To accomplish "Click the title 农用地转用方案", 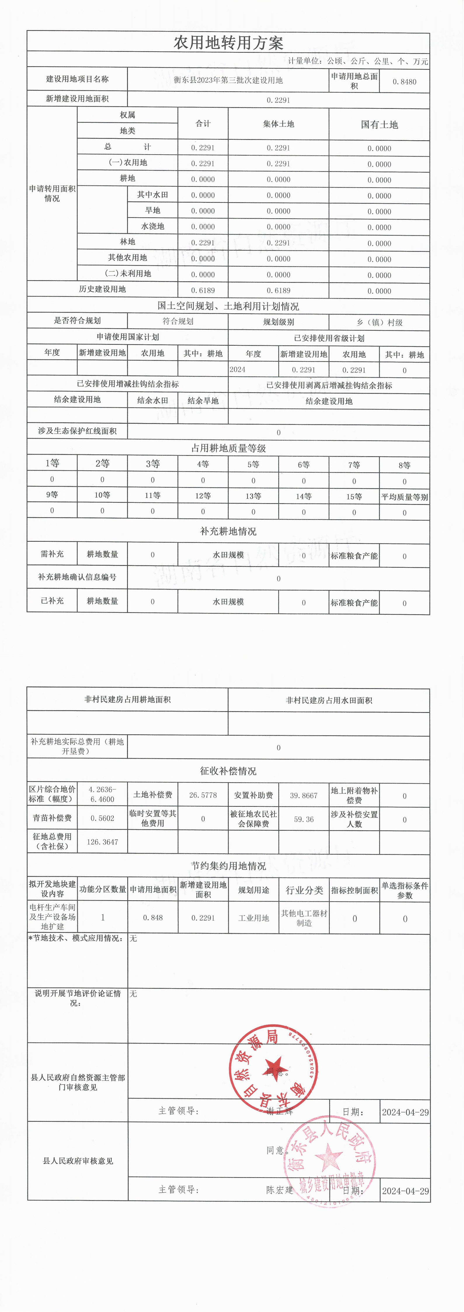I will coord(228,43).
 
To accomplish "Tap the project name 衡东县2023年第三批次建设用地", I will coord(228,80).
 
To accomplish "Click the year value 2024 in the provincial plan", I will coord(238,370).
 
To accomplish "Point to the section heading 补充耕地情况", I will coord(228,531).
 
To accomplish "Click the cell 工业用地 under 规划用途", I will coord(253,918).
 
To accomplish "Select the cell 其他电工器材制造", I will coord(304,918).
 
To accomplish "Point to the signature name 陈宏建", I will coord(279,1190).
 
